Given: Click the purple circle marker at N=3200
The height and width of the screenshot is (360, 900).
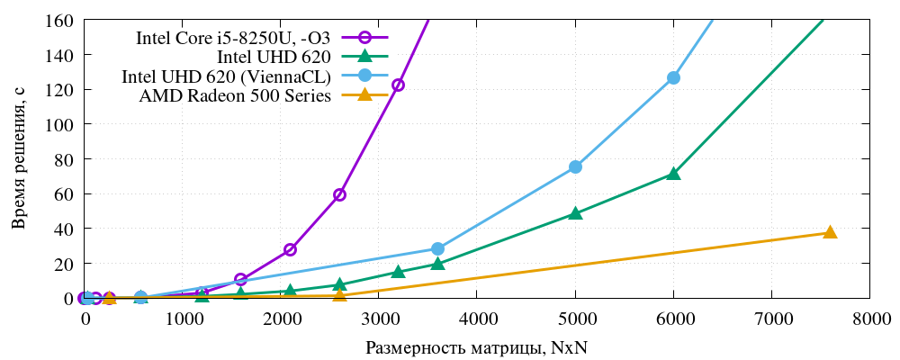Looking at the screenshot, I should click(398, 85).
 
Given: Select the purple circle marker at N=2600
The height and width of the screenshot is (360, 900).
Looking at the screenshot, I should click(339, 194).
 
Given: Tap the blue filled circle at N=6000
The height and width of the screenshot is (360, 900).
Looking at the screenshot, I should click(673, 77).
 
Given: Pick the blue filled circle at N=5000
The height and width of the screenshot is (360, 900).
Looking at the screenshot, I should click(575, 166).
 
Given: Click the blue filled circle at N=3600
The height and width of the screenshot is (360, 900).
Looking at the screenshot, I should click(437, 248).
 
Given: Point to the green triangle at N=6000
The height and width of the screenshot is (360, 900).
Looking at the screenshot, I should click(673, 174).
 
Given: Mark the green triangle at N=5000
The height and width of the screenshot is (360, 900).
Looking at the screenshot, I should click(575, 213).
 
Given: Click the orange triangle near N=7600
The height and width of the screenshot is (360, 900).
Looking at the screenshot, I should click(830, 232).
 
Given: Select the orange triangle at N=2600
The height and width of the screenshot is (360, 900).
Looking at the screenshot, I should click(339, 295).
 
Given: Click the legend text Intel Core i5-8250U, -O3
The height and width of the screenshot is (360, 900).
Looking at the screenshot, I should click(233, 38).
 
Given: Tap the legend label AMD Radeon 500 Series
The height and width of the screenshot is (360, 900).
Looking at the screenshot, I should click(236, 95).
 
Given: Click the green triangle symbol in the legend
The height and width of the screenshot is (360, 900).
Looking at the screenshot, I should click(365, 57).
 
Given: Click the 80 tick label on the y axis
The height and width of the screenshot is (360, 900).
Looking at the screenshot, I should click(64, 159).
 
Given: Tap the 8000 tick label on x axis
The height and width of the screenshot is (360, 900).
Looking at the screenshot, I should click(869, 319).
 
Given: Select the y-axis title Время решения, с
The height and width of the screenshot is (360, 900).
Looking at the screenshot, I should click(19, 159).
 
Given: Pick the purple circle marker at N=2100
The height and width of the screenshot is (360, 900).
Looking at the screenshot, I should click(290, 249).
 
